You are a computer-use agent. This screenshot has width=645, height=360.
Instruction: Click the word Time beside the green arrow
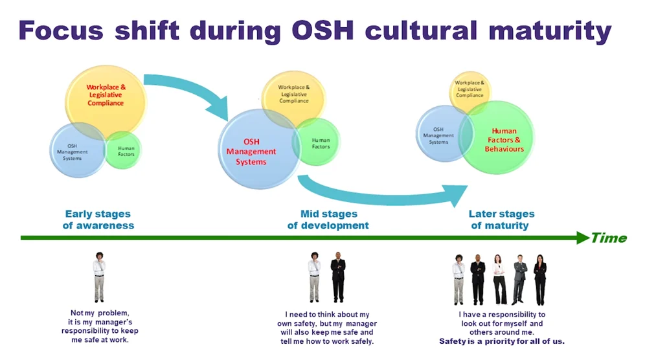(609, 238)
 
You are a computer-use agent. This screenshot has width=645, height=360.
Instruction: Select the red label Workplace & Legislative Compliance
(106, 95)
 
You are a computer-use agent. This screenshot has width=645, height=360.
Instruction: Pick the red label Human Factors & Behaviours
(504, 140)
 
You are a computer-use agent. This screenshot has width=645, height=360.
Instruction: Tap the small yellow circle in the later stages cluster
(470, 89)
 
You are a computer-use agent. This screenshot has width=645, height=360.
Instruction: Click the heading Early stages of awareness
(98, 219)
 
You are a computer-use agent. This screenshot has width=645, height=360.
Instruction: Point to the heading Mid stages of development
(328, 219)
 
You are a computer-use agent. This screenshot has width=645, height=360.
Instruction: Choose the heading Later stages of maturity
(501, 219)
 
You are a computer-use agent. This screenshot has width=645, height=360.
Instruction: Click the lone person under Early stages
(99, 277)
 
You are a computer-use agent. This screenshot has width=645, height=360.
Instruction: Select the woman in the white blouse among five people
(499, 279)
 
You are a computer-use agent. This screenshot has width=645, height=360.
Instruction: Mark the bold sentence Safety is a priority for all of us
(502, 341)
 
